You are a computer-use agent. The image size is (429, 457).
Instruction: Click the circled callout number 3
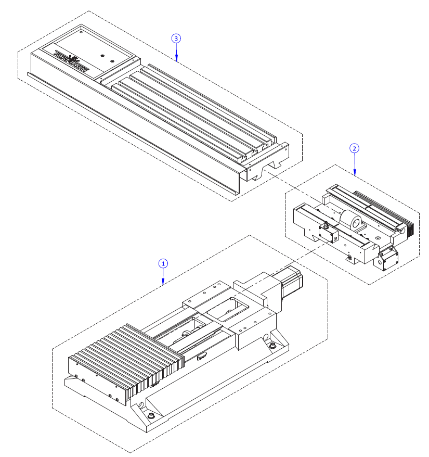176,39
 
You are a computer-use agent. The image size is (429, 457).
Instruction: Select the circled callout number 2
354,148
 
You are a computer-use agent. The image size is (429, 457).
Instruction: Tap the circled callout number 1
163,263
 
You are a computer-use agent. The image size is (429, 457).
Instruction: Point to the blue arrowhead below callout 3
176,58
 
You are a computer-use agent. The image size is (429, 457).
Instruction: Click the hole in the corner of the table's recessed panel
82,32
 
